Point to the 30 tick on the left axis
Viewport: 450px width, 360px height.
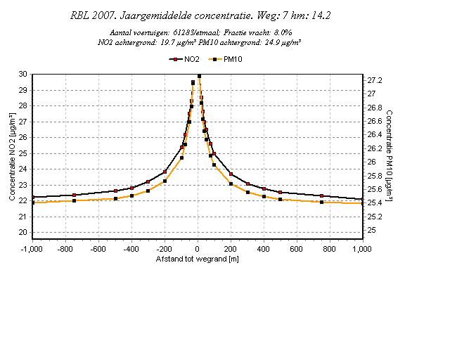click(23, 74)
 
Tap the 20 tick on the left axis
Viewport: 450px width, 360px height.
click(23, 233)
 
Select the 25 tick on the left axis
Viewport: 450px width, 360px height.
click(23, 153)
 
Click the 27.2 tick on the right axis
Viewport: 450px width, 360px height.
click(375, 80)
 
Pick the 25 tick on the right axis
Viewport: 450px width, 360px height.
click(373, 230)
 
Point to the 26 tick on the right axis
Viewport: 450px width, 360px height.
click(373, 162)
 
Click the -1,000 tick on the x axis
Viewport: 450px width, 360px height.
click(33, 249)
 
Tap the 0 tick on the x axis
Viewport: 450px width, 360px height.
click(198, 249)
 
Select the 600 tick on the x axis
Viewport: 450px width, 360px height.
click(297, 249)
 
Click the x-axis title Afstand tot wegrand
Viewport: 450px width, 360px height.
click(198, 259)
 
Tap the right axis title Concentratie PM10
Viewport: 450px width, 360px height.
click(389, 155)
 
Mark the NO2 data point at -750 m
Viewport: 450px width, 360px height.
click(74, 195)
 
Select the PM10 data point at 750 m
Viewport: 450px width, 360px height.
click(321, 202)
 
